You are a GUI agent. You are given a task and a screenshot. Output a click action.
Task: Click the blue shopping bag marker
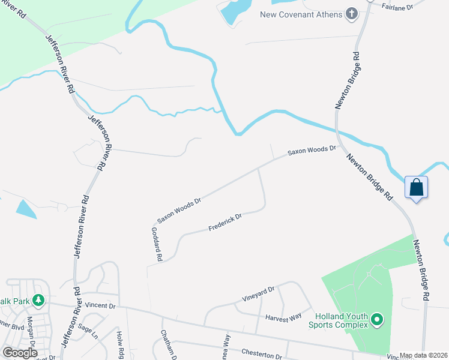coord(417,188)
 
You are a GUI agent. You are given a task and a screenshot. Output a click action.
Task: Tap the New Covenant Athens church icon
coord(352,14)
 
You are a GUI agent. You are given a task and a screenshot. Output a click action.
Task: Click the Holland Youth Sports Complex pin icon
coord(377,320)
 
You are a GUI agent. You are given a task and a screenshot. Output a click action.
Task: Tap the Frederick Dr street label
coord(224,223)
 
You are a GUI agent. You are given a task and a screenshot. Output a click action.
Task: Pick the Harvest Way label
coord(283,317)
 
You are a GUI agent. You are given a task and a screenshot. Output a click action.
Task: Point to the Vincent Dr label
coord(99,305)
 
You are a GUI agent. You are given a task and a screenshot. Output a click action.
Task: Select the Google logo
coord(20,353)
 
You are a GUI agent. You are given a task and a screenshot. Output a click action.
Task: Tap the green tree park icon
coord(39,299)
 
